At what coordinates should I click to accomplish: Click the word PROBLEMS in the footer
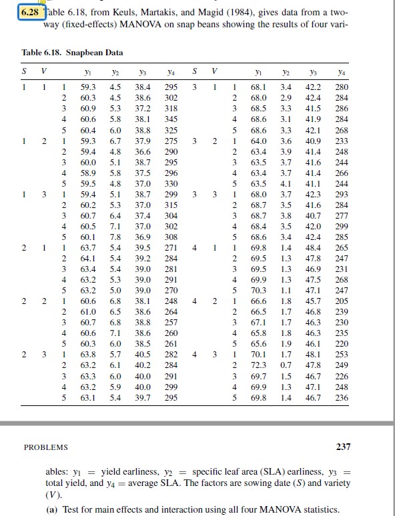point(47,447)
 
